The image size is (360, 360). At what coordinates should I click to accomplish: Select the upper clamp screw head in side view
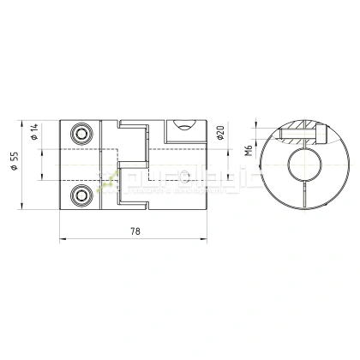81,135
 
